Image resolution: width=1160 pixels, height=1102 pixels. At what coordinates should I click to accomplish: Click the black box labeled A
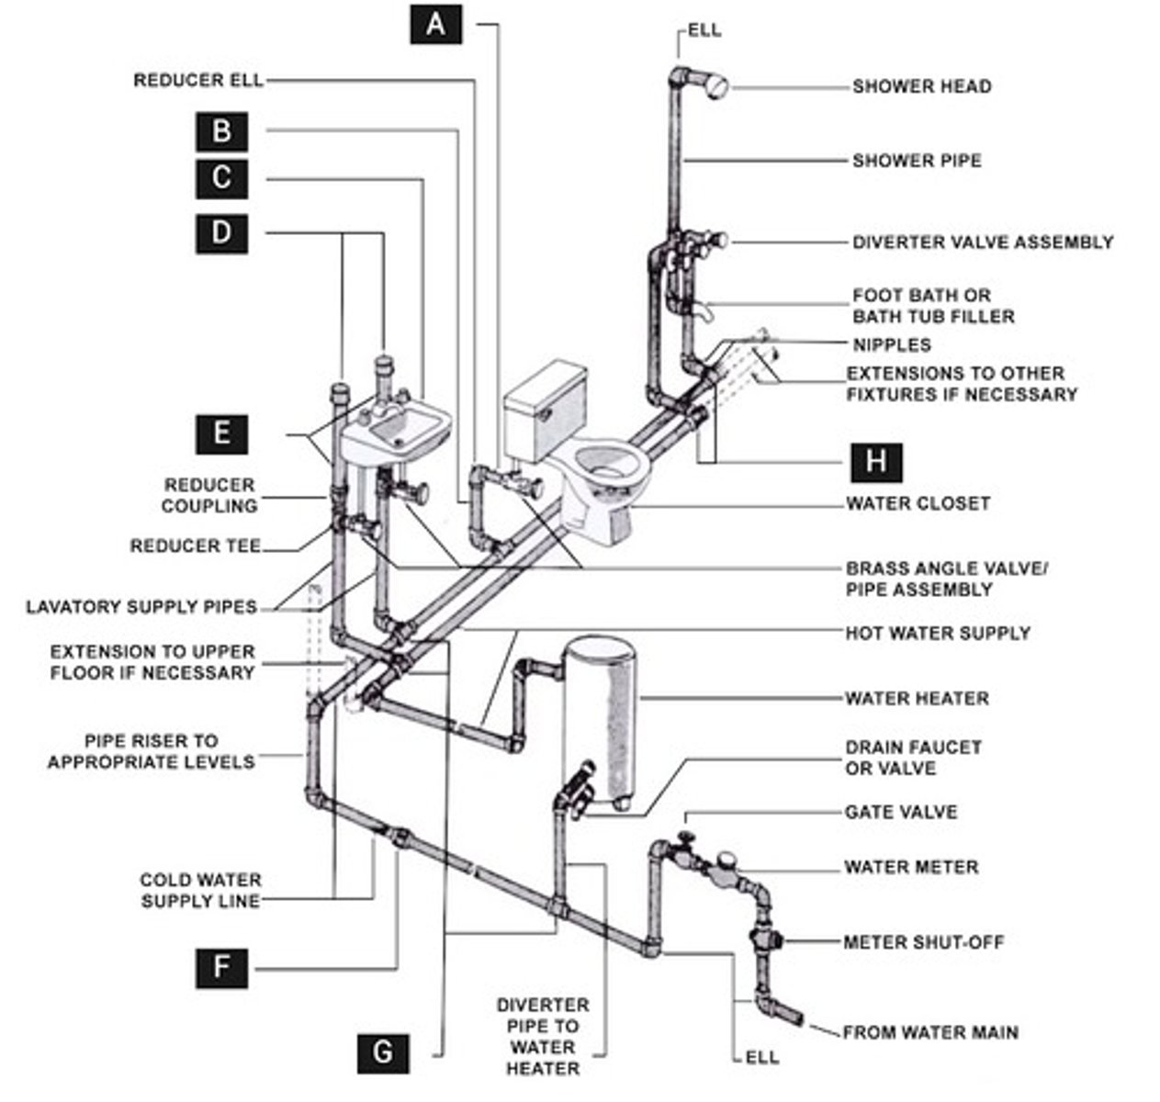[436, 24]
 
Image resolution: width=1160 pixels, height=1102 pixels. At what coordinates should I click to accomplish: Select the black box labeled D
[222, 233]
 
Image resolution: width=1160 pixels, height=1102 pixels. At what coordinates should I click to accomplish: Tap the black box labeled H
[876, 463]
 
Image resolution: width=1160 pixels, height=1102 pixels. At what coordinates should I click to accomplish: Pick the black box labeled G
[383, 1053]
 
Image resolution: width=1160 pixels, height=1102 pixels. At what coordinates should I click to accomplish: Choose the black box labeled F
[222, 968]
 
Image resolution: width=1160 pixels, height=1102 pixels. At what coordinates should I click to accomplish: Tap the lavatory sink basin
[398, 433]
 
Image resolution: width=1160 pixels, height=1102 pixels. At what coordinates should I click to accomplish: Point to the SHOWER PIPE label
[917, 161]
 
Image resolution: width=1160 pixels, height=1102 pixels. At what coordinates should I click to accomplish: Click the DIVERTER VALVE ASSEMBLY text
[983, 242]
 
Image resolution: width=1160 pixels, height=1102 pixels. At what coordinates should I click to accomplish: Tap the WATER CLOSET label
[918, 504]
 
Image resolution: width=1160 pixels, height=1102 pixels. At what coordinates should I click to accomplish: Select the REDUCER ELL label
[198, 80]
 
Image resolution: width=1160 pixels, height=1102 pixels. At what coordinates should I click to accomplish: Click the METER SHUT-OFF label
[924, 942]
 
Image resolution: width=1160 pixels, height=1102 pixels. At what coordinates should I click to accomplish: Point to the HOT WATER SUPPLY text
[938, 633]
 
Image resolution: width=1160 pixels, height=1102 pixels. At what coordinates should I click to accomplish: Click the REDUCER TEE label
[196, 546]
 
